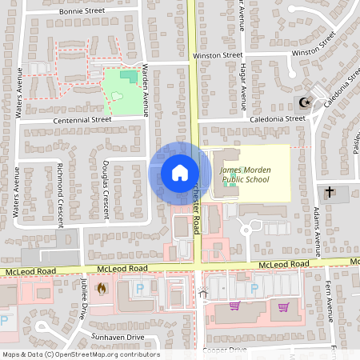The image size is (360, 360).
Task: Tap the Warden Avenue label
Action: pos(145,91)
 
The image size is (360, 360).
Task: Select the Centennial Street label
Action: pos(82,119)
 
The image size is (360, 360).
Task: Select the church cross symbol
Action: pos(330,192)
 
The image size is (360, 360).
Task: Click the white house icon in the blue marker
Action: pos(179,173)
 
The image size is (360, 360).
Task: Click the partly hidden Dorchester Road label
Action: pos(196,212)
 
